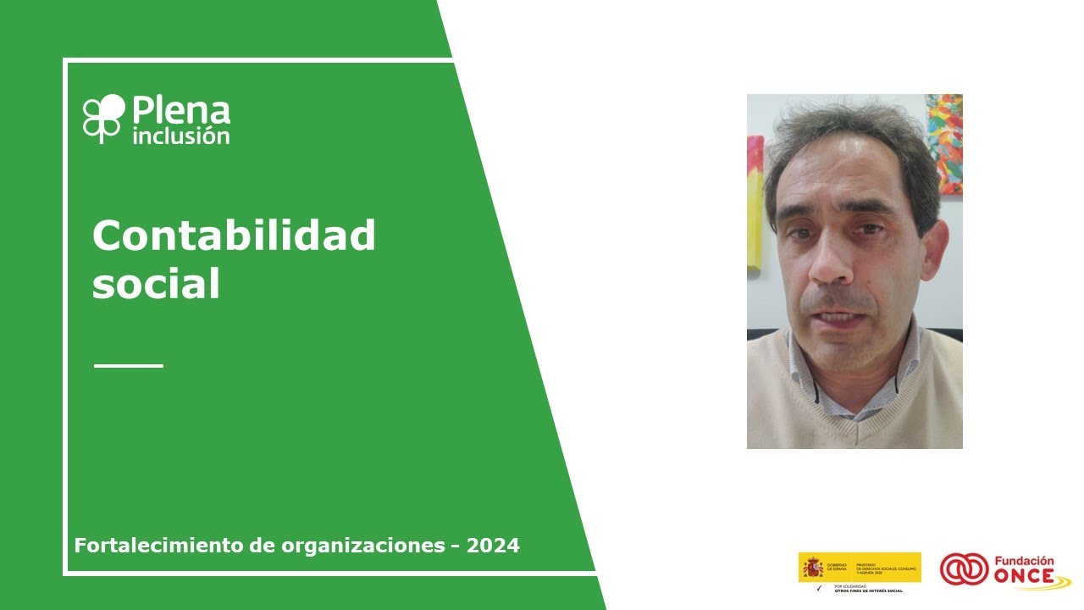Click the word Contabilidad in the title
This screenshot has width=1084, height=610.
click(x=234, y=236)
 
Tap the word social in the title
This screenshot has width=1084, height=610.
click(x=156, y=285)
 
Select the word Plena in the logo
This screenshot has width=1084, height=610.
click(x=181, y=111)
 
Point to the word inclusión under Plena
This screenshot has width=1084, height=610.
click(x=181, y=135)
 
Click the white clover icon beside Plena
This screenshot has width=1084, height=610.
click(x=104, y=118)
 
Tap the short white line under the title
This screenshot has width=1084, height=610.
click(x=128, y=366)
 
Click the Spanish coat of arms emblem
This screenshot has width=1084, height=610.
click(x=812, y=567)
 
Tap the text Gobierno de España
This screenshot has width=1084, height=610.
click(x=837, y=566)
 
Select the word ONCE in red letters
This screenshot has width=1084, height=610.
click(x=1025, y=577)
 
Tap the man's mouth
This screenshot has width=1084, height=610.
click(x=838, y=316)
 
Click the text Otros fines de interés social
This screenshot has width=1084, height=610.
click(x=868, y=591)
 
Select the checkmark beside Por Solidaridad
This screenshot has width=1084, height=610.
click(x=818, y=587)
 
